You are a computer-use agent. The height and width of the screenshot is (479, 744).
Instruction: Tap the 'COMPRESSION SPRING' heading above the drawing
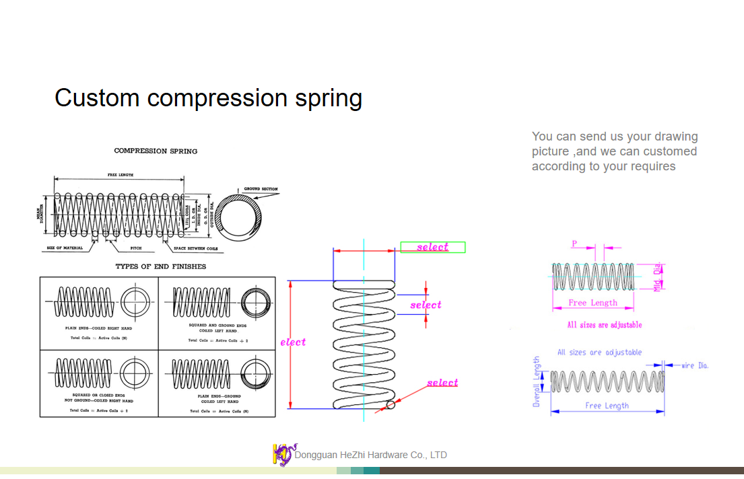coord(156,151)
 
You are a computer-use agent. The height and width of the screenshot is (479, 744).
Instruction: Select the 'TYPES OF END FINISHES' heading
coord(161,266)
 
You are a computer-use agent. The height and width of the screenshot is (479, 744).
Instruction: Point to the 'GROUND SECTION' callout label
coord(261,189)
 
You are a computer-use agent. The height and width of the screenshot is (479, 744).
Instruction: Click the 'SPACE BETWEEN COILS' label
coord(195,249)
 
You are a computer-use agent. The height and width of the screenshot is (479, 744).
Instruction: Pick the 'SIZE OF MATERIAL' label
coord(65,248)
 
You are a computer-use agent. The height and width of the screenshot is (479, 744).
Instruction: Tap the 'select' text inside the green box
coord(432,248)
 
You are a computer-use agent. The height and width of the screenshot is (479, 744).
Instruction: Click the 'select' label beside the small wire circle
coord(442,383)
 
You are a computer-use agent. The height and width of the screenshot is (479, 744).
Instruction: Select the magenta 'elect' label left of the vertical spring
coord(293,342)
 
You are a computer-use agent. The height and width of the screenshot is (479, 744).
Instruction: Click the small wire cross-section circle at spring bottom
coord(391,405)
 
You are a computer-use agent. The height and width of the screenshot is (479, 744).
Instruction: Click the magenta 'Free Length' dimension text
coord(593,303)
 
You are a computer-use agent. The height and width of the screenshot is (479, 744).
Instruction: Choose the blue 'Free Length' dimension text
coord(607,406)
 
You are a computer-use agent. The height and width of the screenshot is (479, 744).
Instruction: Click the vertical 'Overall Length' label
coord(537,381)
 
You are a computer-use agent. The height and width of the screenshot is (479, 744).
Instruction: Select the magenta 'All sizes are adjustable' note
coord(605,325)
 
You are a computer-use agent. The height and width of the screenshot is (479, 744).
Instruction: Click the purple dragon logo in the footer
coord(283,455)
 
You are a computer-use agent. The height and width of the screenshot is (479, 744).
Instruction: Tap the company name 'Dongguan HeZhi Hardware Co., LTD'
coord(371,455)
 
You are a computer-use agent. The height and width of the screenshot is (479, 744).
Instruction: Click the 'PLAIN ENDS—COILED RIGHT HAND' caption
coord(98,328)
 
